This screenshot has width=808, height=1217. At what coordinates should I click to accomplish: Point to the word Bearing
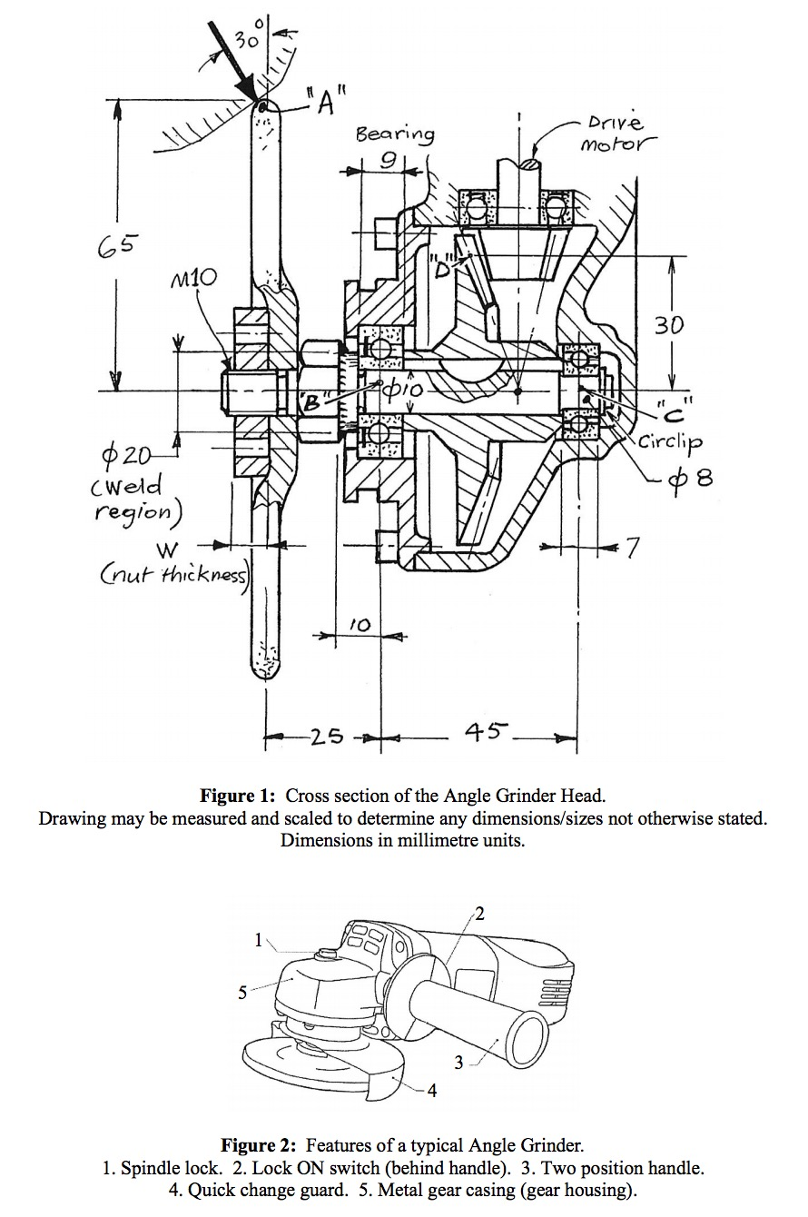click(x=394, y=134)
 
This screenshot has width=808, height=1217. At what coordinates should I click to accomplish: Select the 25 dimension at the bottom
click(x=325, y=736)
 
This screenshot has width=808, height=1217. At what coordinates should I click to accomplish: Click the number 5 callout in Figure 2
click(x=242, y=993)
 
